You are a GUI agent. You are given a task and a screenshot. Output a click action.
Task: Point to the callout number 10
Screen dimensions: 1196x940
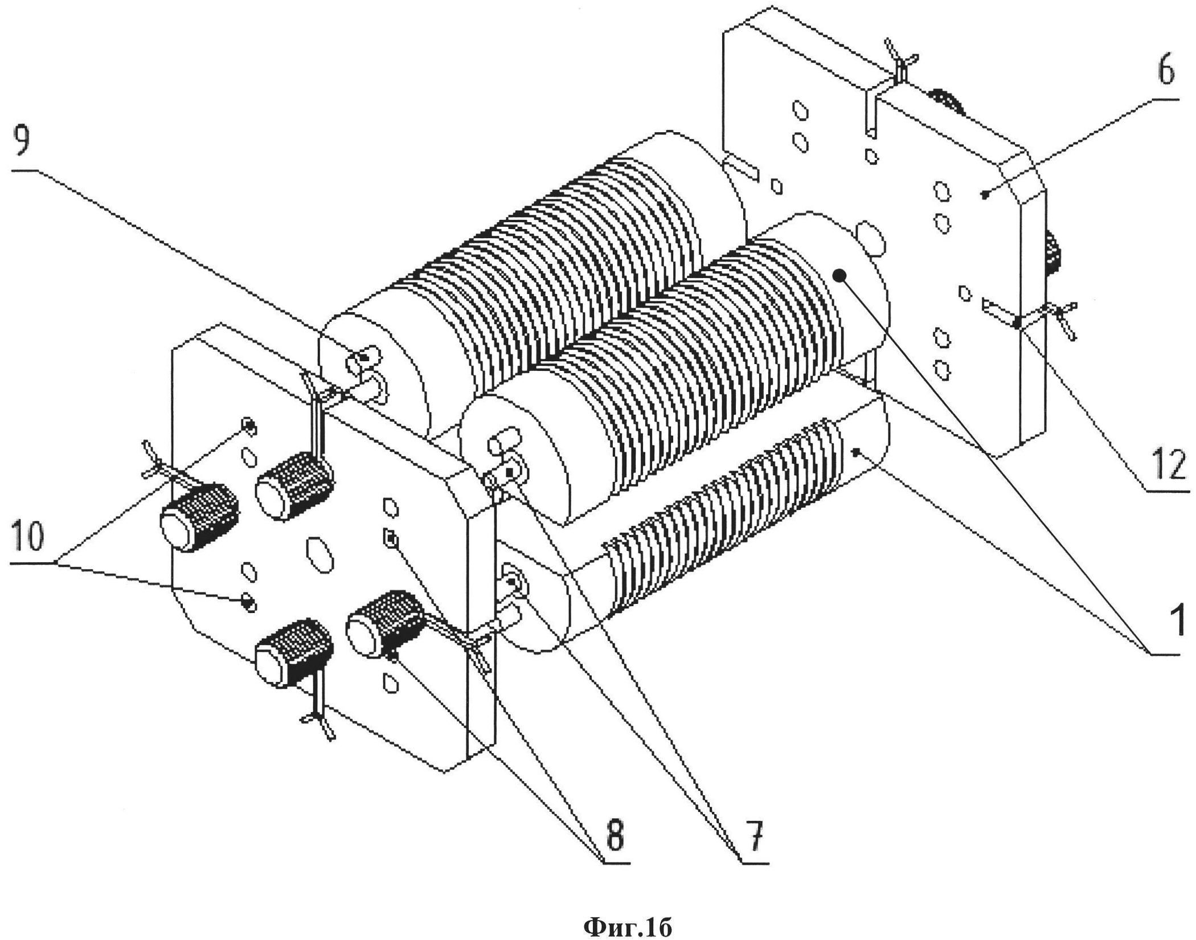click(28, 537)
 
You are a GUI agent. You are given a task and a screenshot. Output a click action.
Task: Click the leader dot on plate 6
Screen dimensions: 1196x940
click(984, 195)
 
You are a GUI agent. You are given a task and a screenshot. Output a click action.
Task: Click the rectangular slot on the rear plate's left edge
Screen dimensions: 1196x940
click(741, 169)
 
